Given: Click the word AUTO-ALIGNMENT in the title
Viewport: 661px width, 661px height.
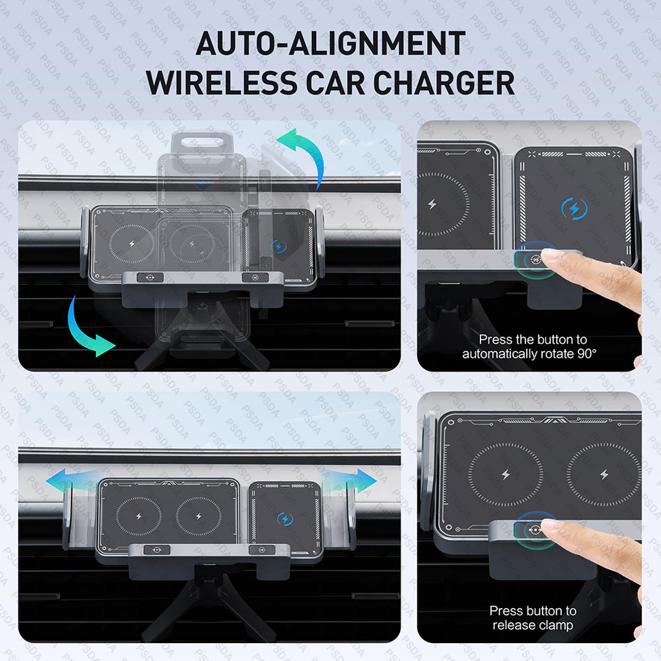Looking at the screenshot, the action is pos(330,43).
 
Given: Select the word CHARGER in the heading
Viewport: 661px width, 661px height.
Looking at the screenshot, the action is pos(444,83).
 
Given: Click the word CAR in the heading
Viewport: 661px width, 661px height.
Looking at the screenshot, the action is pos(335,83).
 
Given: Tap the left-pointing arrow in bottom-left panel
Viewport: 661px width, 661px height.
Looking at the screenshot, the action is pos(72,480).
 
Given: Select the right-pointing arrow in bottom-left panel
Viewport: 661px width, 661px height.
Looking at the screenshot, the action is pos(350,480).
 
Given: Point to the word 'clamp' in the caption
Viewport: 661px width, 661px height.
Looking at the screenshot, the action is pos(554,625).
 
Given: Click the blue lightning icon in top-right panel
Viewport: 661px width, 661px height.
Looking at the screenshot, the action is pos(574,208).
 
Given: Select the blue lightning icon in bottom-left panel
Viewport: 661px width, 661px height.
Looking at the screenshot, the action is pos(285,518).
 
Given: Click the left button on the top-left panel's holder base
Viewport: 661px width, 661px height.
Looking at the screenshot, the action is pos(150,277).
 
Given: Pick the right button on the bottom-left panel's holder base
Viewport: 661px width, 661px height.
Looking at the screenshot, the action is pos(262,549).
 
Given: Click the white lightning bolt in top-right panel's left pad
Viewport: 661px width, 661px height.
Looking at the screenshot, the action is pos(432,204).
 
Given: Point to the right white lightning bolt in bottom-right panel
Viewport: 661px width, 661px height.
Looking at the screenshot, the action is pos(605,474).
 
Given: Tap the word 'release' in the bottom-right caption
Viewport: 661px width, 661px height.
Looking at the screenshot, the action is pos(512,625).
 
